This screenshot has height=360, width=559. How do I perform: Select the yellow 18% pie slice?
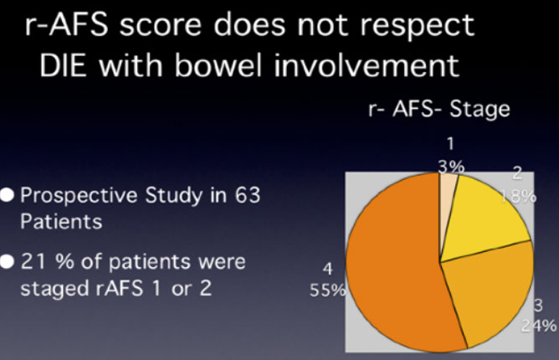[485, 218]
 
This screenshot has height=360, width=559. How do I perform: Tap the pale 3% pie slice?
[447, 193]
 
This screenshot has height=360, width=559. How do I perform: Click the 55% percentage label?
[328, 290]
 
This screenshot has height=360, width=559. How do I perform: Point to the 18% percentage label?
[518, 196]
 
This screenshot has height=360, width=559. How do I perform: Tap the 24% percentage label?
[539, 326]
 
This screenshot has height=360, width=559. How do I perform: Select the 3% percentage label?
[451, 167]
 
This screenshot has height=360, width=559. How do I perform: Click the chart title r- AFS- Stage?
[439, 109]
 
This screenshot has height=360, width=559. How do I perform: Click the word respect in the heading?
[417, 27]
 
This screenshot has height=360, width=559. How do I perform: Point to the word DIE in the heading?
[63, 65]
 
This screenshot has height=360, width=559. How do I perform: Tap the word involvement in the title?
[367, 65]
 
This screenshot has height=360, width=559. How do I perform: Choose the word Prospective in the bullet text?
[79, 196]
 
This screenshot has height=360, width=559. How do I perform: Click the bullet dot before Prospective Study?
[8, 195]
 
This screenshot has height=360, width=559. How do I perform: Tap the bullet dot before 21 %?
[8, 262]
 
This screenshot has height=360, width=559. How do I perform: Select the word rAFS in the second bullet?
[120, 288]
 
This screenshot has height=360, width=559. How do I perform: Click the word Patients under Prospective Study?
[61, 222]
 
